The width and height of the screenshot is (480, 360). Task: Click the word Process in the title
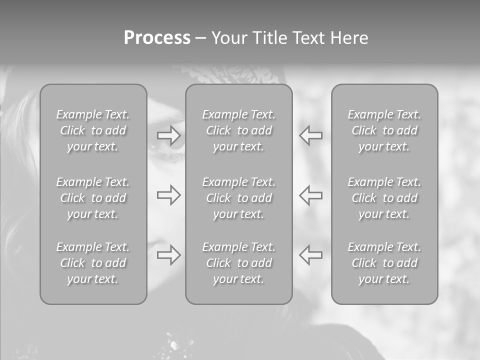click(157, 37)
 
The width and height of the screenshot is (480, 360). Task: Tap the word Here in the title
click(348, 37)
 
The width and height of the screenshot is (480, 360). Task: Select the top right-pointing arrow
click(168, 135)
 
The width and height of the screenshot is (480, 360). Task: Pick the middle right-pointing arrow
click(168, 195)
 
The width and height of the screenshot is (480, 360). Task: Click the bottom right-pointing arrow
click(168, 255)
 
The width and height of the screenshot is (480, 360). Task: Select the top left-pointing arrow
click(310, 135)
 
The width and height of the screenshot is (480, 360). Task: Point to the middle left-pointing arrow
click(310, 195)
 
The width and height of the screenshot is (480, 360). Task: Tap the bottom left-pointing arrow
click(310, 255)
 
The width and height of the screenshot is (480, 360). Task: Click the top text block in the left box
click(93, 130)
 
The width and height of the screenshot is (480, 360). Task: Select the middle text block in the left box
click(93, 198)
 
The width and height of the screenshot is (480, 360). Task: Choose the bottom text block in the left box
click(93, 263)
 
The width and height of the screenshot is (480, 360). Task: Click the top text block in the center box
click(238, 130)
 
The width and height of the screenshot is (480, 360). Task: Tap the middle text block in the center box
click(238, 198)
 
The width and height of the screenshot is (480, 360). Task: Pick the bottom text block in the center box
click(238, 263)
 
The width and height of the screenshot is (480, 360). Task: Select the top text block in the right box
click(384, 130)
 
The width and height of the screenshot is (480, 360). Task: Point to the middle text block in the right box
click(384, 198)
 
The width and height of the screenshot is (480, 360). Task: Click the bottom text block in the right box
click(384, 263)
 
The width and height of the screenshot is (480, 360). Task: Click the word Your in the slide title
click(229, 37)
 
